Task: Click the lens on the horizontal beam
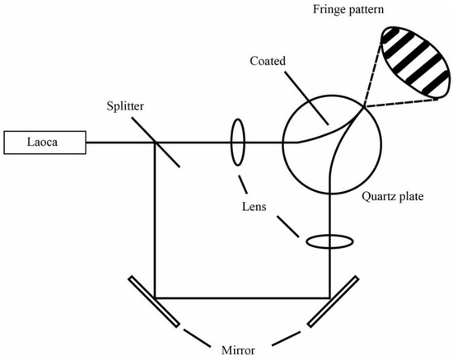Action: pyautogui.click(x=237, y=142)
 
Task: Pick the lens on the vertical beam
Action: pyautogui.click(x=330, y=242)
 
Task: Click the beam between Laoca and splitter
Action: pyautogui.click(x=119, y=143)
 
